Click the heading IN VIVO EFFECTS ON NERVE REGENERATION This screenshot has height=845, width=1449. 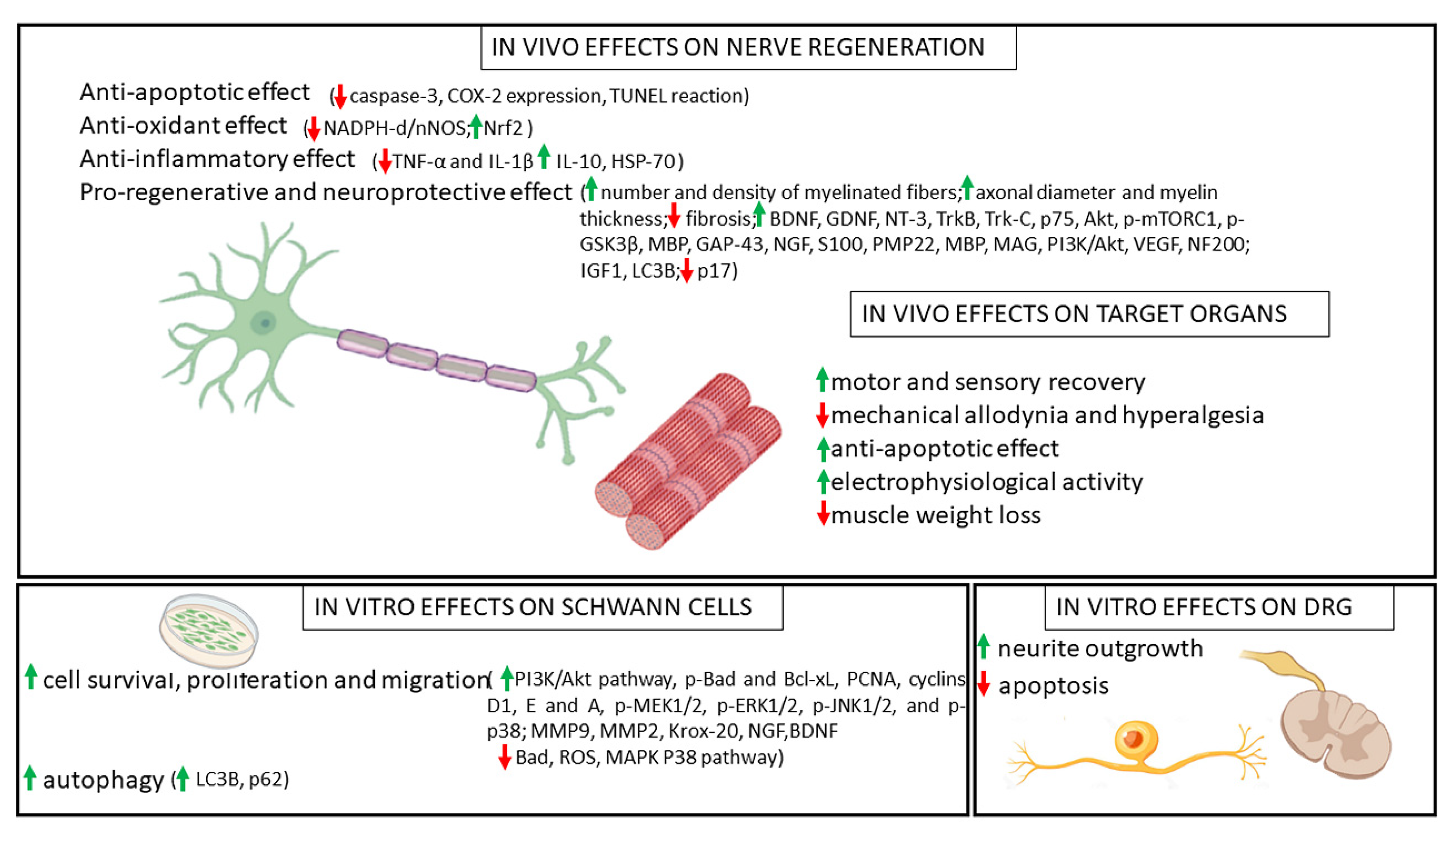click(737, 47)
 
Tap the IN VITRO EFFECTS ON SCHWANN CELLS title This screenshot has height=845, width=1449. click(532, 607)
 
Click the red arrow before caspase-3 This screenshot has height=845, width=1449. click(340, 96)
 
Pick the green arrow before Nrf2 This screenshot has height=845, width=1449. click(475, 127)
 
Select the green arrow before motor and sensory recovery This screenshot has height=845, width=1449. click(822, 380)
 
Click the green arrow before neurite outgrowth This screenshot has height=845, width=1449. click(983, 647)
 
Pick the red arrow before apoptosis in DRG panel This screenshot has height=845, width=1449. click(983, 684)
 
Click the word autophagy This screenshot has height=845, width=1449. click(103, 780)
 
